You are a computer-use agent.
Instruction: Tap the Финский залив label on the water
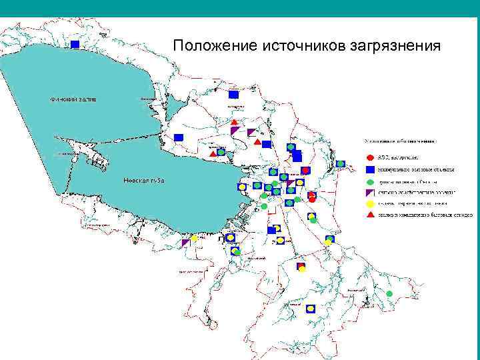(x=73, y=99)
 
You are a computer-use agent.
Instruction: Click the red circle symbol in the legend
(x=370, y=157)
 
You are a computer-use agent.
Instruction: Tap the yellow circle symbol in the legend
(x=370, y=203)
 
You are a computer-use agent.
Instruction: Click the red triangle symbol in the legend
(x=370, y=215)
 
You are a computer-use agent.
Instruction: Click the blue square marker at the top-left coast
(x=75, y=44)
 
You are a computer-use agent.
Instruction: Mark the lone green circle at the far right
(x=390, y=294)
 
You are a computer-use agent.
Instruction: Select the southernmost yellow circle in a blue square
(x=311, y=309)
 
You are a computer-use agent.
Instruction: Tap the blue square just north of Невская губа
(x=179, y=137)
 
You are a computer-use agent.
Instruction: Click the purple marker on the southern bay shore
(x=186, y=243)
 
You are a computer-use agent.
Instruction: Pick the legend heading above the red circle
(x=400, y=141)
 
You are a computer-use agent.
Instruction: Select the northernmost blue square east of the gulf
(x=233, y=95)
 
